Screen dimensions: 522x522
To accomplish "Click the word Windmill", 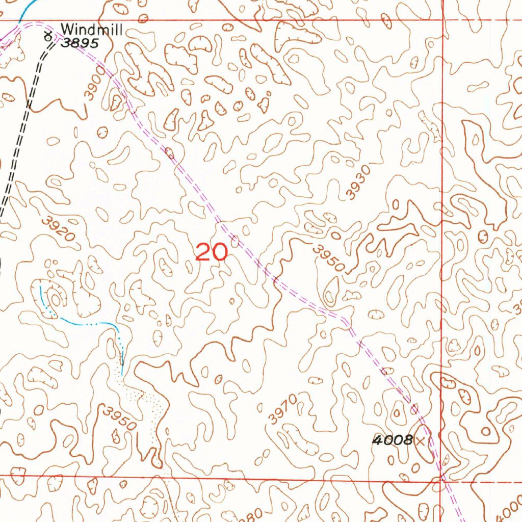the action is (91, 30).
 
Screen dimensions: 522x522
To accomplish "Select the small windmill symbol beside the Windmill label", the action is (48, 36).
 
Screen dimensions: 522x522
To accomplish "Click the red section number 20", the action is (211, 252).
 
